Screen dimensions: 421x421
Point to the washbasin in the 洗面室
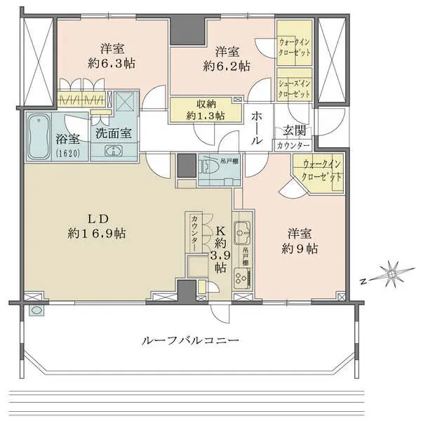(x=112, y=151)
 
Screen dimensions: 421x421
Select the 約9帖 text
(x=302, y=248)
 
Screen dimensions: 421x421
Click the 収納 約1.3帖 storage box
(x=206, y=109)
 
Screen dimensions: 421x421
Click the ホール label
(x=258, y=126)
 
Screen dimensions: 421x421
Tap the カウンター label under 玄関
(x=293, y=145)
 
